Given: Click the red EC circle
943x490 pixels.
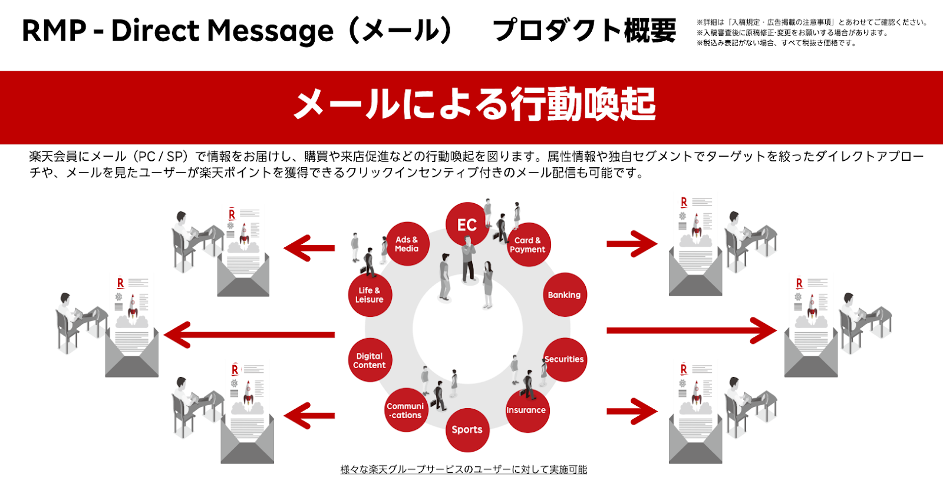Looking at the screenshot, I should [467, 224].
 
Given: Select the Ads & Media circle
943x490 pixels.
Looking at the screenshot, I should [407, 244].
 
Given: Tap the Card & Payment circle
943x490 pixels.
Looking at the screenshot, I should [527, 244].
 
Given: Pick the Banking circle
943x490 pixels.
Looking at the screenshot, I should [564, 294].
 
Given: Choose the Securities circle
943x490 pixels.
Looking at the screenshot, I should [564, 359].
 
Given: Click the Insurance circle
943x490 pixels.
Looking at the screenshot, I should [526, 410].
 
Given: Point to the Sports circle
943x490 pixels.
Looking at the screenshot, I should [467, 430].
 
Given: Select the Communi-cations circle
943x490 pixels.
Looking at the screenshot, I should [405, 410].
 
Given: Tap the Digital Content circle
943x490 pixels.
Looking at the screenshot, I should [370, 360].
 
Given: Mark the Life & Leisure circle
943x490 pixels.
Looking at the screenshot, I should [370, 294].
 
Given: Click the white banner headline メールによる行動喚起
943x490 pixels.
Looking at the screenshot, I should [474, 105].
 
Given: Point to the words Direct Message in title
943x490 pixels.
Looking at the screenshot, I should [222, 31].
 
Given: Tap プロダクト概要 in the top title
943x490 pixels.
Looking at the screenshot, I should [584, 31].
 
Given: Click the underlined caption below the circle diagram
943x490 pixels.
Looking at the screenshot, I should [464, 469].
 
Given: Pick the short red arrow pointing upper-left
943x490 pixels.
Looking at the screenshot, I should [309, 248].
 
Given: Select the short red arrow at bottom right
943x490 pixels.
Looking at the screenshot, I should [631, 411].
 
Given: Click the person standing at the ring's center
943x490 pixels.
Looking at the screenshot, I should [469, 259].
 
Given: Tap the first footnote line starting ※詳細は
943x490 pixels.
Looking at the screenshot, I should [812, 22].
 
